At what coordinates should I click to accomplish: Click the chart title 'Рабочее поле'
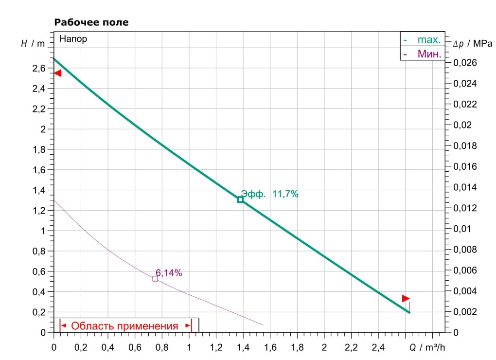91,22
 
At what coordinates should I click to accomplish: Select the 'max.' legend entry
428,39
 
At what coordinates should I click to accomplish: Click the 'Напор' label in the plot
73,39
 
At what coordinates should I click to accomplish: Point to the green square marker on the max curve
240,199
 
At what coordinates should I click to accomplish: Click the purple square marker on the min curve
155,279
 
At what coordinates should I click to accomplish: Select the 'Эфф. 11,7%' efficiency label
269,194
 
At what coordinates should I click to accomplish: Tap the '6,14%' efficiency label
169,273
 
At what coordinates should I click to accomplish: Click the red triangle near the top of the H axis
57,73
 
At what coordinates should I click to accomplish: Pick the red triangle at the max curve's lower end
406,298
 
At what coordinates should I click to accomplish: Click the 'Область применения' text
125,326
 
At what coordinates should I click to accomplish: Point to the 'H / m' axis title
33,43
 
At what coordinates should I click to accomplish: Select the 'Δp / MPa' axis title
472,43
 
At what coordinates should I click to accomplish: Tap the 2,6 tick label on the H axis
39,69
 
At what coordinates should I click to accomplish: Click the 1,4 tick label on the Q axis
243,348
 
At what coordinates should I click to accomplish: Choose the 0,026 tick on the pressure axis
465,63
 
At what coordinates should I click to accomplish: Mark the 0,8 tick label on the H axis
39,252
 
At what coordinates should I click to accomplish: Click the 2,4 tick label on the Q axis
377,348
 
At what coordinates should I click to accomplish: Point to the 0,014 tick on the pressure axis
465,187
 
